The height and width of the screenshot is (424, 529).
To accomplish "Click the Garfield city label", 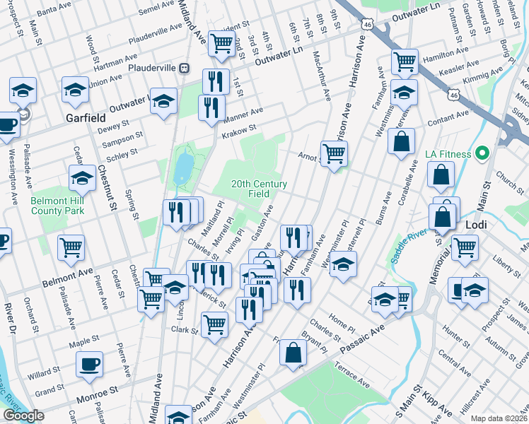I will pos(86,117).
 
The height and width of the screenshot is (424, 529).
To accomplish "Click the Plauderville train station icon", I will pos(185,68).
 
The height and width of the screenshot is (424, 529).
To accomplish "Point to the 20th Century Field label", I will pos(260,189).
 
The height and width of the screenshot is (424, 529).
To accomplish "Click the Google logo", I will pos(23,416).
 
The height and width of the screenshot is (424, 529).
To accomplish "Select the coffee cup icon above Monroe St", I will pos(90,364).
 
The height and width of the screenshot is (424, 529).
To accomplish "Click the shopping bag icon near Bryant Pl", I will pos(292,353).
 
